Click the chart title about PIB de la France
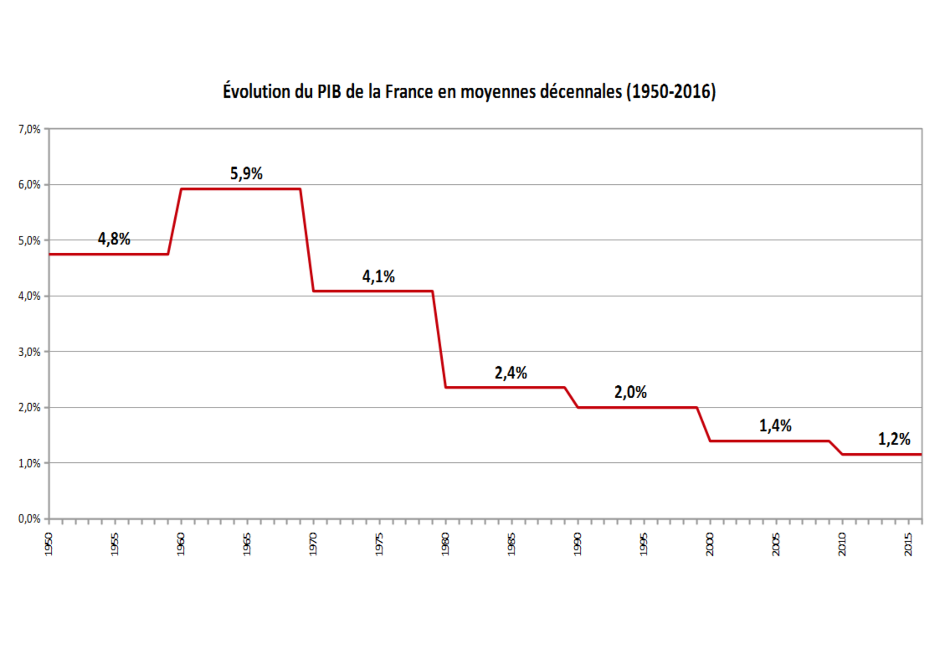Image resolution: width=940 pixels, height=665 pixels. (469, 92)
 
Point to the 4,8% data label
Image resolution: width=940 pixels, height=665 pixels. (114, 239)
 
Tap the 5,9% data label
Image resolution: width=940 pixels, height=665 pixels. (246, 173)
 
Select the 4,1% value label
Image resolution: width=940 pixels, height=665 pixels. (379, 276)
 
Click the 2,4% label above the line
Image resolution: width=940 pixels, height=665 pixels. (511, 373)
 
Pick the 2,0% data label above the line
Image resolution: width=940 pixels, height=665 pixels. (630, 392)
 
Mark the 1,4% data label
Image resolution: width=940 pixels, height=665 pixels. (775, 426)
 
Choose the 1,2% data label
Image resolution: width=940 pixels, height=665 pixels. (894, 439)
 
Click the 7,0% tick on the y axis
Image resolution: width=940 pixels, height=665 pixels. (29, 129)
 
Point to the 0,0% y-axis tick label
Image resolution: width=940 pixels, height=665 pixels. (29, 519)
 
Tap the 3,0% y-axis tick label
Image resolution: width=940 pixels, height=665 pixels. (29, 352)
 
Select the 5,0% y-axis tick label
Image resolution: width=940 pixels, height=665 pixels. (29, 241)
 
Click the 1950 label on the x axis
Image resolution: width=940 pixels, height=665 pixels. (49, 544)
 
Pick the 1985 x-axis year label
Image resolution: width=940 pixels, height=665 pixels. (511, 544)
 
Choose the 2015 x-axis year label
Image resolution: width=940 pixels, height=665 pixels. (908, 544)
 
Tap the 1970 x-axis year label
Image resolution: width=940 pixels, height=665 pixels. (313, 544)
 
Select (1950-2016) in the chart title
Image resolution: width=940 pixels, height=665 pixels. (671, 92)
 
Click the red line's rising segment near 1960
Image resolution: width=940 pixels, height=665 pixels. (175, 222)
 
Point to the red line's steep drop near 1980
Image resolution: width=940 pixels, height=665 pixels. (439, 339)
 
